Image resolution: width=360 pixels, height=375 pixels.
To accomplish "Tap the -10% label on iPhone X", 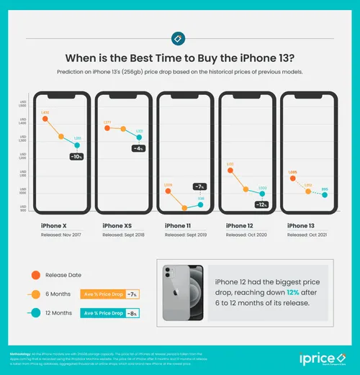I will pyautogui.click(x=77, y=156).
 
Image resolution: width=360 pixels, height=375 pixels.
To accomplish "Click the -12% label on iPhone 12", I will pyautogui.click(x=261, y=204).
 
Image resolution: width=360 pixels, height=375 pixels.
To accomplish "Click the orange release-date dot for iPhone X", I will pyautogui.click(x=45, y=119).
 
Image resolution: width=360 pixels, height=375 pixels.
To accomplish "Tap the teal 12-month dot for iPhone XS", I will pyautogui.click(x=140, y=137).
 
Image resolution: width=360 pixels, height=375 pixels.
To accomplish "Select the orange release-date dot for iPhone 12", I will pyautogui.click(x=230, y=171).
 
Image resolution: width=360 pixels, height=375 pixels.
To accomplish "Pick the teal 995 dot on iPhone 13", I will pyautogui.click(x=325, y=194).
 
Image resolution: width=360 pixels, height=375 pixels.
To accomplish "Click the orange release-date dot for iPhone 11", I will pyautogui.click(x=168, y=192).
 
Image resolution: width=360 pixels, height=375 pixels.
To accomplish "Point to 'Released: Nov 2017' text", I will pyautogui.click(x=56, y=235).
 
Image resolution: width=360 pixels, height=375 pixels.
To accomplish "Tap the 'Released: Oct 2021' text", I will pyautogui.click(x=303, y=235).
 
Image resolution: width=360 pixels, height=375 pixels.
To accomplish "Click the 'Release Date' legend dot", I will pyautogui.click(x=35, y=274).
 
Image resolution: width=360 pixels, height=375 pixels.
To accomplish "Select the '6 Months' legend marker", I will pyautogui.click(x=35, y=294).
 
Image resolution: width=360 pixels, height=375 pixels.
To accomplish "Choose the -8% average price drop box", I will pyautogui.click(x=132, y=313).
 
